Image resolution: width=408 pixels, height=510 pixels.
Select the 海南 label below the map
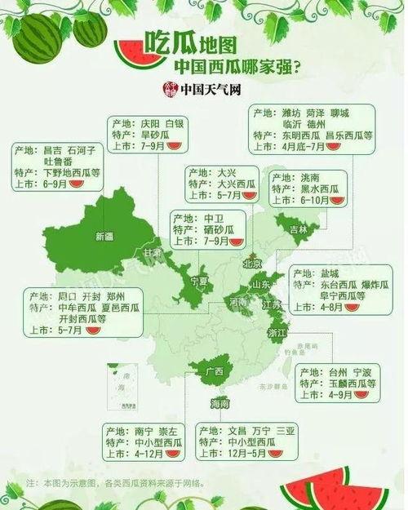[x=219, y=403]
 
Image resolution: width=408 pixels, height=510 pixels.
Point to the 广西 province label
[x=215, y=371]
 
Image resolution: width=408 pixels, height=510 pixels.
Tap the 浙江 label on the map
[x=277, y=333]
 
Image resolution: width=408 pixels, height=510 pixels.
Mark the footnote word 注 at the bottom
[x=31, y=483]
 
